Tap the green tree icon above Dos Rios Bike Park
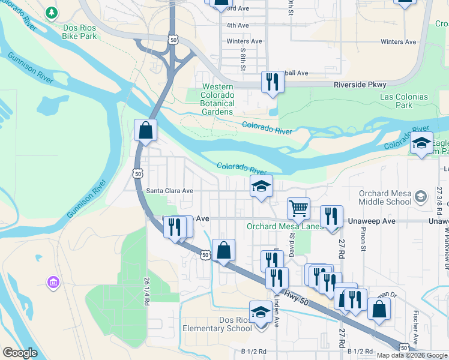[52, 13]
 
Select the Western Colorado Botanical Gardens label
[209, 100]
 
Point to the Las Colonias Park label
[404, 101]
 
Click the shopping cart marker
[298, 209]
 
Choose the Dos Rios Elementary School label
[218, 324]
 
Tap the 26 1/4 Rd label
[146, 291]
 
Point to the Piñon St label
[363, 239]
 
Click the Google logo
[20, 353]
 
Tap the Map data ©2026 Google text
[412, 355]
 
